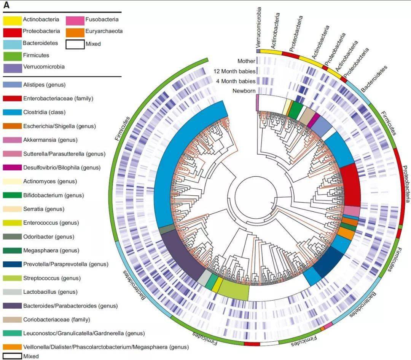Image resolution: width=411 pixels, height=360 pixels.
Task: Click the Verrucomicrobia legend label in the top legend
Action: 43,67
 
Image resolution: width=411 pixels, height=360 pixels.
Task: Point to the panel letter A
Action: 6,5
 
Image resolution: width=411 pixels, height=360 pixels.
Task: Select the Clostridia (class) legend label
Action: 44,112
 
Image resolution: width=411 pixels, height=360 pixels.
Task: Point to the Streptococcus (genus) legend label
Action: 46,278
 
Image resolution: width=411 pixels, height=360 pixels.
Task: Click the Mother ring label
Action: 246,61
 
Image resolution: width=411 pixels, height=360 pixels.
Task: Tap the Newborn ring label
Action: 244,91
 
